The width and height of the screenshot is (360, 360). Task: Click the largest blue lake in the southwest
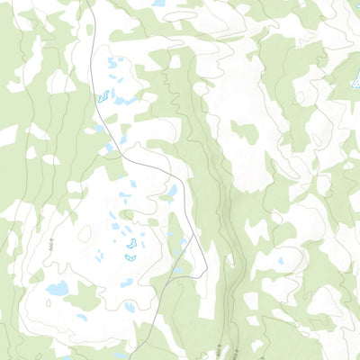[58, 289]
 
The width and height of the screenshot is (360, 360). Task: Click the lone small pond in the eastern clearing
[280, 262]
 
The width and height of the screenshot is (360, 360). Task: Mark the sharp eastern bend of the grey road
[206, 267]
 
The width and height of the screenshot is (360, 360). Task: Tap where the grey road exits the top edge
[88, 2]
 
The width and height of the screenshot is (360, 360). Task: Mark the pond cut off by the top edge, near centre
[159, 3]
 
